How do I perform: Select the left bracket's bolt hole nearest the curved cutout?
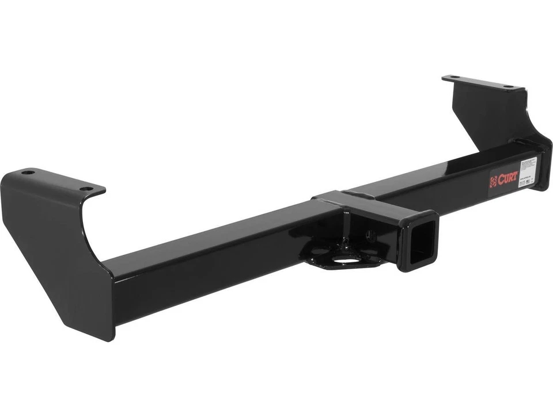pyautogui.click(x=85, y=188)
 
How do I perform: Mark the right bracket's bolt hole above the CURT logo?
pyautogui.click(x=508, y=86)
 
